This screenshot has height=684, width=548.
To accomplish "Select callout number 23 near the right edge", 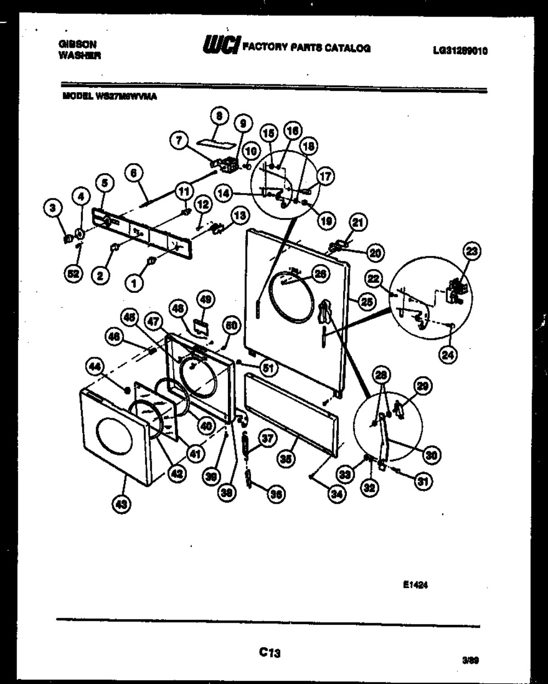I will pos(472,251).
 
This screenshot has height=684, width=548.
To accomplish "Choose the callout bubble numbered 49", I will pos(206,300).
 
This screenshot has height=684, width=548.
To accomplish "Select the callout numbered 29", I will pos(421,387).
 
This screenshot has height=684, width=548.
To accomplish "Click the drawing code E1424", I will pos(415,585).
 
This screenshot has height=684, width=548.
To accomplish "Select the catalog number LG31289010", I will pos(460,51).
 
